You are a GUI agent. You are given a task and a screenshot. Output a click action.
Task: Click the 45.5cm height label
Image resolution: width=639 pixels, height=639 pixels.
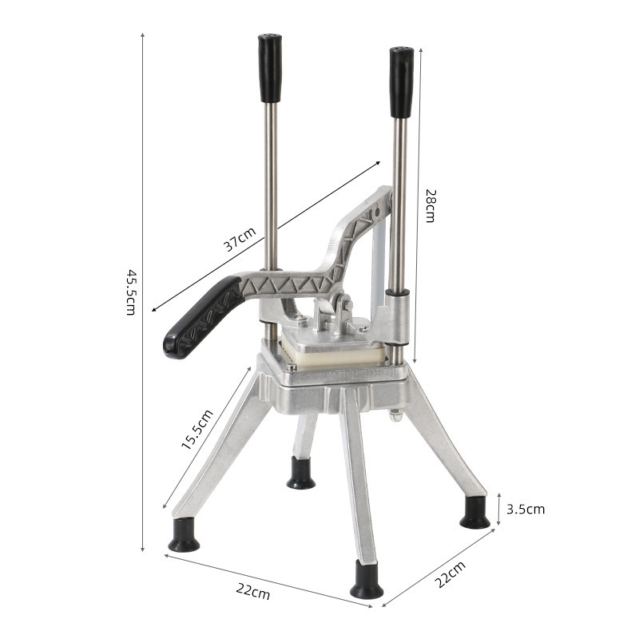(130, 292)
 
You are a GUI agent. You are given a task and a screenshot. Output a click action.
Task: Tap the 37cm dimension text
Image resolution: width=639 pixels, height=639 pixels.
(240, 240)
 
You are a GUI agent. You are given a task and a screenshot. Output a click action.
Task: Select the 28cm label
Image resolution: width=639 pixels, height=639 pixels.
(430, 206)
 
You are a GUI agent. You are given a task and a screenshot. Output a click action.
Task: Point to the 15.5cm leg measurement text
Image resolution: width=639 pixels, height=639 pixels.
(196, 431)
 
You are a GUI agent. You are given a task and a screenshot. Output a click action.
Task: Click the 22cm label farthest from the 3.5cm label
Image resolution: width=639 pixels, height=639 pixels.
(252, 592)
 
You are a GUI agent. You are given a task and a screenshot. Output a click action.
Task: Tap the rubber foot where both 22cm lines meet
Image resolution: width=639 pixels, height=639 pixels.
(367, 581)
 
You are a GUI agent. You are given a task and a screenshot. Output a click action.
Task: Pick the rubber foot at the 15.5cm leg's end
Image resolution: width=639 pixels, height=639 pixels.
(185, 536)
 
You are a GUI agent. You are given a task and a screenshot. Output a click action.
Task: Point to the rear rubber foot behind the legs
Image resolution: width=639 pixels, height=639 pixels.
(301, 473)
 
